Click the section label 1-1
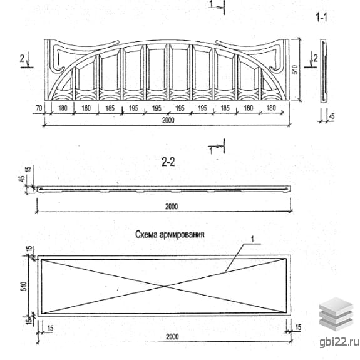click(321, 18)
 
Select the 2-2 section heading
click(168, 162)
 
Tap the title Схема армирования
click(170, 235)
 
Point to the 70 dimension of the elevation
click(39, 108)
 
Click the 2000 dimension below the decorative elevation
click(168, 120)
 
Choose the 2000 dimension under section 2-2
click(172, 207)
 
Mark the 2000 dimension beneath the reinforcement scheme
click(172, 337)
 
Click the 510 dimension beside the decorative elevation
click(295, 69)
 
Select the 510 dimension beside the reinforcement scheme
click(24, 286)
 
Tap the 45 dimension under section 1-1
click(332, 116)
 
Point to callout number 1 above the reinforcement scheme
click(252, 239)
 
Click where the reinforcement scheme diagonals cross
click(165, 286)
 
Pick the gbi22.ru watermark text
click(339, 342)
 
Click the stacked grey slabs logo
click(336, 314)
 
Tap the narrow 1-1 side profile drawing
click(324, 71)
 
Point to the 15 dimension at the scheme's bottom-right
click(298, 327)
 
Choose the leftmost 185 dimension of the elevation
click(110, 108)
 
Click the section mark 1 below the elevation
click(211, 151)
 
